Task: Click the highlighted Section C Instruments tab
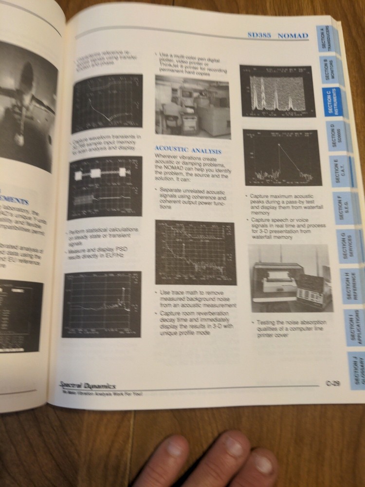coord(332,102)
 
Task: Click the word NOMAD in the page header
coord(292,36)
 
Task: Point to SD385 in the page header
coord(260,36)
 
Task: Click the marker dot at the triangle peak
coord(279,145)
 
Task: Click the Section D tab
coord(337,136)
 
